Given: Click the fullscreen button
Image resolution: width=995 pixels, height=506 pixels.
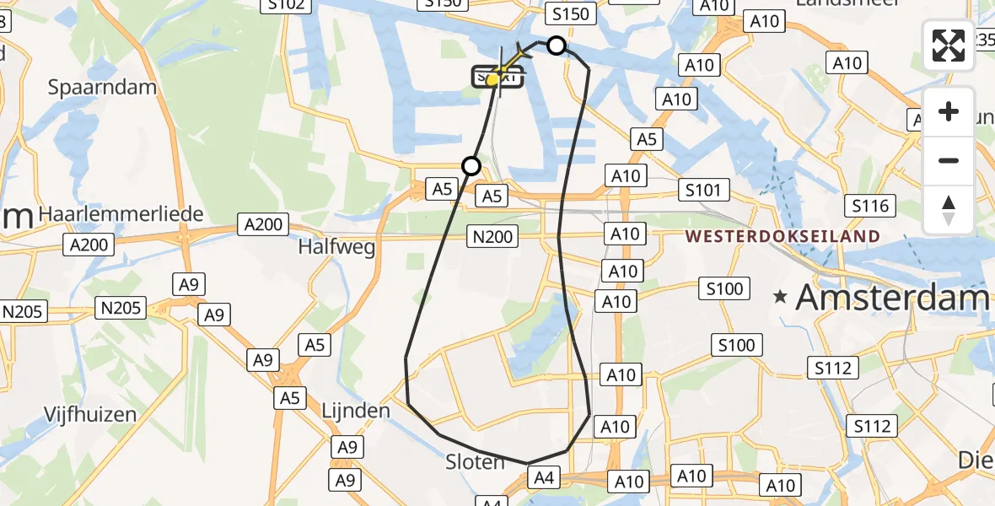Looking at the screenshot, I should tap(949, 46).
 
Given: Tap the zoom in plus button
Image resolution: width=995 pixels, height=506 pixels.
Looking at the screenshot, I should tap(949, 112).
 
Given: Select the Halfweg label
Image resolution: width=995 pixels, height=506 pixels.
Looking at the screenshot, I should tap(336, 245).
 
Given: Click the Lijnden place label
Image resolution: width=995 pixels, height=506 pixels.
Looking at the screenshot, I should tap(356, 411).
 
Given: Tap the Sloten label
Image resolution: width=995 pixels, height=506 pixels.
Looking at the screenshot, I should tap(475, 461).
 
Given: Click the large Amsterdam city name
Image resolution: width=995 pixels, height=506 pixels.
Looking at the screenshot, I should tap(892, 297).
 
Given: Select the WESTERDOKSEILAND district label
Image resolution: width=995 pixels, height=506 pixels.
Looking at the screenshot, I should tap(783, 236).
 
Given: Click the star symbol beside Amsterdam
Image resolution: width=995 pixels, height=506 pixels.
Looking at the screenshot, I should tap(781, 297).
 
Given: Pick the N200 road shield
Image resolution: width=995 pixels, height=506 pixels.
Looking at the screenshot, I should tap(493, 237).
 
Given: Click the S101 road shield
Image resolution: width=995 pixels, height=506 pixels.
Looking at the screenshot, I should tap(702, 190).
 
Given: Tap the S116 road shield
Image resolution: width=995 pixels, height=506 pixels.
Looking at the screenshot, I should tap(871, 205).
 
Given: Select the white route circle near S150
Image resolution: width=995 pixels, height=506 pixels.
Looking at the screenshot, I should tap(557, 46).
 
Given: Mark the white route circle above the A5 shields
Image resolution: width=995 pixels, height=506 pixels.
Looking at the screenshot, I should tap(471, 166).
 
